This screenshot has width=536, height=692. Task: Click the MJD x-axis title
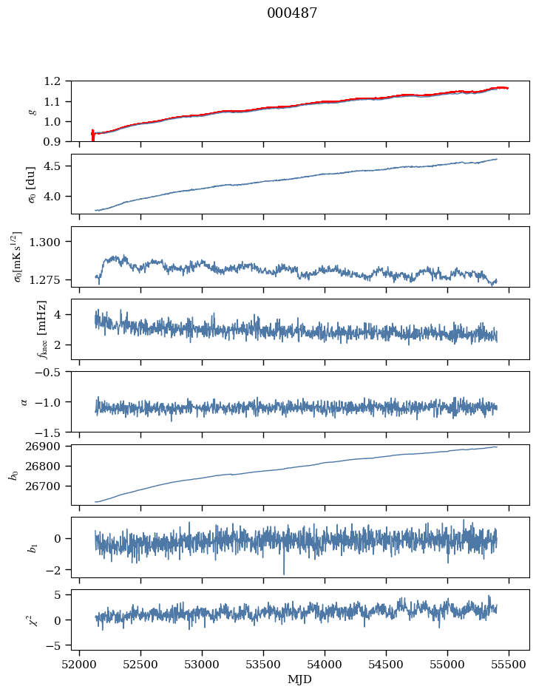coord(300,679)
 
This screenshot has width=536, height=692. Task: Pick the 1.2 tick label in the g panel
coord(56,81)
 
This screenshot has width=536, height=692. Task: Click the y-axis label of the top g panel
coord(32,111)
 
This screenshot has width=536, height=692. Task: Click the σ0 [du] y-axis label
coord(32,183)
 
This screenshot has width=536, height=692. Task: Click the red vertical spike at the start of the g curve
coord(92,135)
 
